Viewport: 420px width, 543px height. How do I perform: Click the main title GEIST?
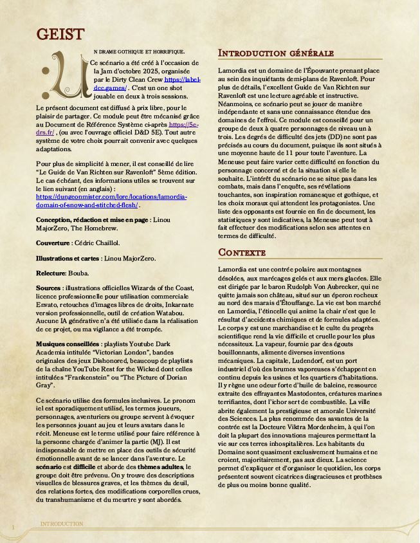[x=60, y=33]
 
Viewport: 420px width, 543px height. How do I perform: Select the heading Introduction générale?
[x=276, y=53]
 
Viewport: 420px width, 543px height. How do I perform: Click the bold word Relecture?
[x=51, y=273]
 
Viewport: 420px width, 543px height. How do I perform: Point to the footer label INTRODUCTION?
[x=62, y=524]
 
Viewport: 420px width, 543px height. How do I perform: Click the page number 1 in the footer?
[x=12, y=528]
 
